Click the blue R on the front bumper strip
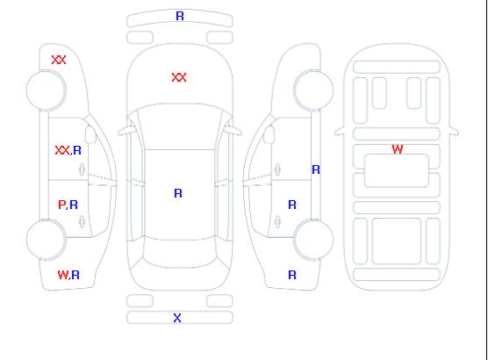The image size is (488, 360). tap(180, 16)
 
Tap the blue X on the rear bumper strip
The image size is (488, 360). tap(177, 318)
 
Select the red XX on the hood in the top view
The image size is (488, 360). tap(179, 77)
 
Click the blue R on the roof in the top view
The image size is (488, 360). tap(178, 193)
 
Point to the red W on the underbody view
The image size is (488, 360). tap(398, 149)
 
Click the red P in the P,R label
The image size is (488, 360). tap(61, 205)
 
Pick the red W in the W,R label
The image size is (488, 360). tap(63, 275)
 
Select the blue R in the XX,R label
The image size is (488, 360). tap(77, 150)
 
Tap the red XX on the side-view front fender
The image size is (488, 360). tap(59, 60)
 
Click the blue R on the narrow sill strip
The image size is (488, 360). tap(316, 169)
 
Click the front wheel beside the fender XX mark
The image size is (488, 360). tap(46, 90)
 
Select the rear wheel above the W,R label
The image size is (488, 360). tap(46, 240)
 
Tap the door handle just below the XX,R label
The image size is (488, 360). tap(82, 169)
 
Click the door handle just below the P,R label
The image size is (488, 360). tap(82, 221)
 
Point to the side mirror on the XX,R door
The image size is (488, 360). tap(90, 134)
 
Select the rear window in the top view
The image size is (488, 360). tap(180, 253)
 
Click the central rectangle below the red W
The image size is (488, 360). tap(397, 170)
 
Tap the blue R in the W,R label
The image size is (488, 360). tap(75, 275)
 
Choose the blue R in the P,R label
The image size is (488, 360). tap(74, 205)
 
